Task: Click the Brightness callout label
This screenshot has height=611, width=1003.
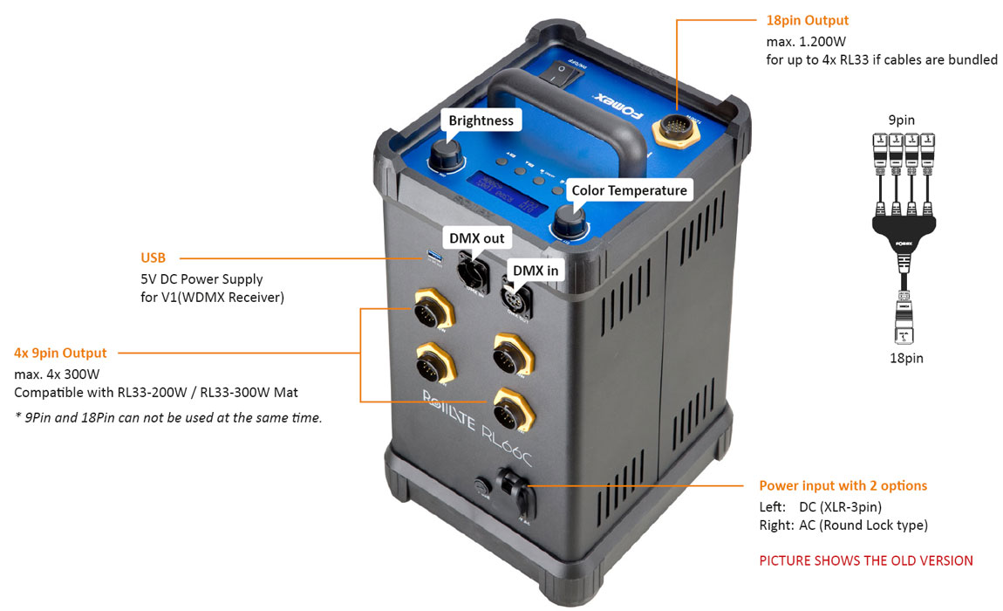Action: tap(481, 120)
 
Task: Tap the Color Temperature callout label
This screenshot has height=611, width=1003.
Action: tap(629, 190)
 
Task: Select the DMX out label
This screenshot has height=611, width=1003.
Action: tap(476, 237)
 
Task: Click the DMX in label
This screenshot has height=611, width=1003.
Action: tap(535, 270)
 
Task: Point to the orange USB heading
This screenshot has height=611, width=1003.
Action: tap(153, 258)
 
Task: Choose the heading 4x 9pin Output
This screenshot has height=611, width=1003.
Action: tap(60, 354)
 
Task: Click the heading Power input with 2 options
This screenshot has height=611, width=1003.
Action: tap(843, 486)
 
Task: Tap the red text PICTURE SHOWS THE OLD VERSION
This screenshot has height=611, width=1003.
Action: tap(865, 560)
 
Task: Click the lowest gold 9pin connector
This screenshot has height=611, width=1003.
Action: tap(508, 407)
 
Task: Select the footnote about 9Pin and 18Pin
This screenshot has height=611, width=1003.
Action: tap(168, 417)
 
